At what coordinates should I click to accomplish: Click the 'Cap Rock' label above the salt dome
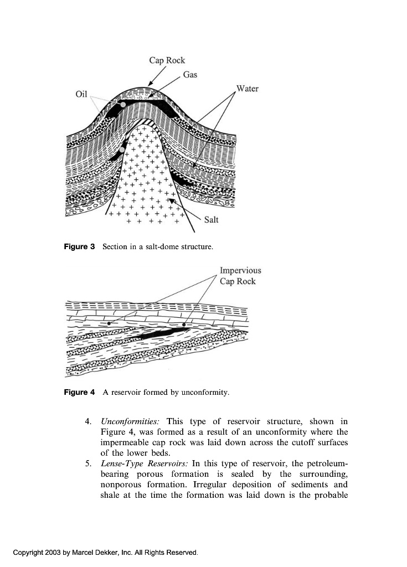(167, 60)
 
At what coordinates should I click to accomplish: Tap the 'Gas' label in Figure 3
(190, 74)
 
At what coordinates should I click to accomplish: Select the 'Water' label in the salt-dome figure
(247, 89)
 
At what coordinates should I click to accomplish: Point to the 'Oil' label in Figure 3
(81, 94)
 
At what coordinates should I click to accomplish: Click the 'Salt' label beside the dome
(211, 220)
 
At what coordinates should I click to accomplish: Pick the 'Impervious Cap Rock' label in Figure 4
(240, 276)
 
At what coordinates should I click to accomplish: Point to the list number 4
(89, 421)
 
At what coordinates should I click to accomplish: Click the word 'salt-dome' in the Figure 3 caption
(159, 246)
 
